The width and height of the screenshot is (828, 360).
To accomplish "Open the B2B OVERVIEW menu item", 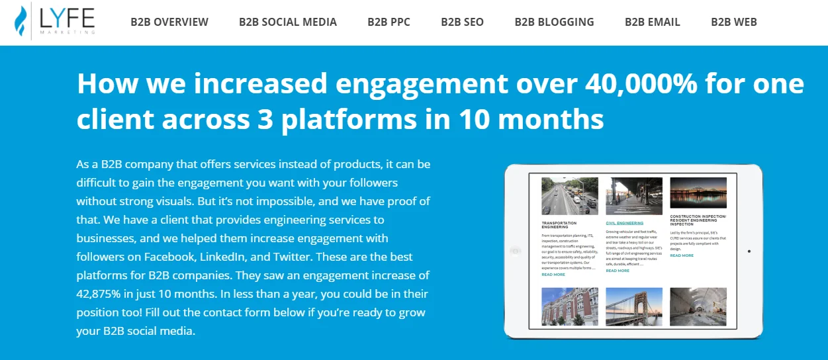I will click(169, 22).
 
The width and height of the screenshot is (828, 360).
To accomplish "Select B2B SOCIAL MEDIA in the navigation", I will click(288, 22).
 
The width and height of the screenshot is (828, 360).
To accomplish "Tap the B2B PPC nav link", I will click(389, 22).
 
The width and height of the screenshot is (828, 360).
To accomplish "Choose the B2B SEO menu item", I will click(462, 22).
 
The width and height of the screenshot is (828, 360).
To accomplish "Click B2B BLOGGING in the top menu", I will click(554, 22).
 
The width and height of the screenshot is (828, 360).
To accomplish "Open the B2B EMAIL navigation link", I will click(653, 22).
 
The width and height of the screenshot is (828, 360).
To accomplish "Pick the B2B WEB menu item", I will click(733, 22).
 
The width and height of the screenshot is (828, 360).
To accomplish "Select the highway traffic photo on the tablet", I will click(569, 196).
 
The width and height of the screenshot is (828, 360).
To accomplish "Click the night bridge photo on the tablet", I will click(698, 193).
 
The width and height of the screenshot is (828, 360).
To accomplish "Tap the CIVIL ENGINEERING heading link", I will click(624, 223).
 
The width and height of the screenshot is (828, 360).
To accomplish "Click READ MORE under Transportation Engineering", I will click(553, 274).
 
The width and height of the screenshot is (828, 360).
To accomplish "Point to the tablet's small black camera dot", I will click(749, 251).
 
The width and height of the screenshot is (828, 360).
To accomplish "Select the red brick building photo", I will click(569, 306).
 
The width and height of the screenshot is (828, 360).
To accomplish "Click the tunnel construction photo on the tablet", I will click(698, 306).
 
